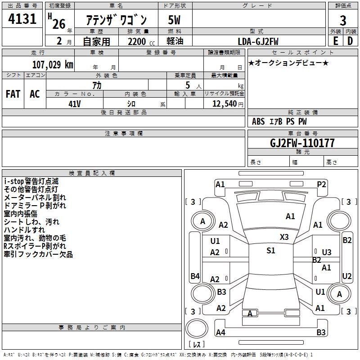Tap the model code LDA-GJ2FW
(x=258, y=41)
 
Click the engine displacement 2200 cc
(x=137, y=41)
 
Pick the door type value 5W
(x=174, y=20)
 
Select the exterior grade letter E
(x=335, y=41)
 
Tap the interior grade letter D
(x=350, y=41)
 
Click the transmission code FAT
(x=13, y=94)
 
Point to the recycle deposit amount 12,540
(x=224, y=104)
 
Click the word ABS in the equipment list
(x=258, y=121)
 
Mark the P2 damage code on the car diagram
(x=321, y=184)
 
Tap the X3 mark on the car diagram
(x=284, y=237)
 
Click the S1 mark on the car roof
(x=270, y=251)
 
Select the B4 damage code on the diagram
(x=195, y=276)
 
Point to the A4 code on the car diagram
(x=220, y=333)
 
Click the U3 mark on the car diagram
(x=327, y=252)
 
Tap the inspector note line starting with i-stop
(x=31, y=181)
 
